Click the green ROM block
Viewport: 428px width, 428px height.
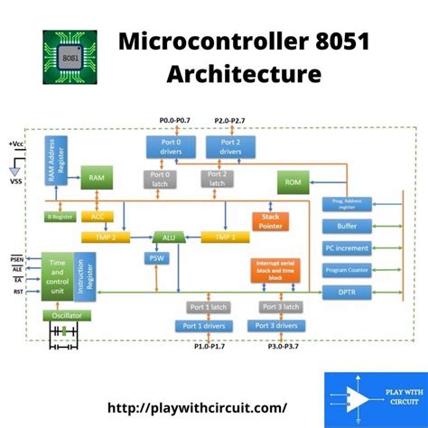pyautogui.click(x=293, y=183)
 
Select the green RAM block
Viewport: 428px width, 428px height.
pyautogui.click(x=96, y=179)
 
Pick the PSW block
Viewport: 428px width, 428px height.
pyautogui.click(x=157, y=259)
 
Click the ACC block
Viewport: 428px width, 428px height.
pyautogui.click(x=95, y=217)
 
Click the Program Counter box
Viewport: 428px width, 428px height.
pyautogui.click(x=347, y=269)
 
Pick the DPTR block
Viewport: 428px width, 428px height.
pyautogui.click(x=347, y=292)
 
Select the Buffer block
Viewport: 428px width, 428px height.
pyautogui.click(x=347, y=227)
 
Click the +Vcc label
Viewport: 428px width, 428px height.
pyautogui.click(x=16, y=144)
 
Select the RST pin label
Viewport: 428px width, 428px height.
pyautogui.click(x=18, y=291)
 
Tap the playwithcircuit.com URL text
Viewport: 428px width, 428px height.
pyautogui.click(x=198, y=408)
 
